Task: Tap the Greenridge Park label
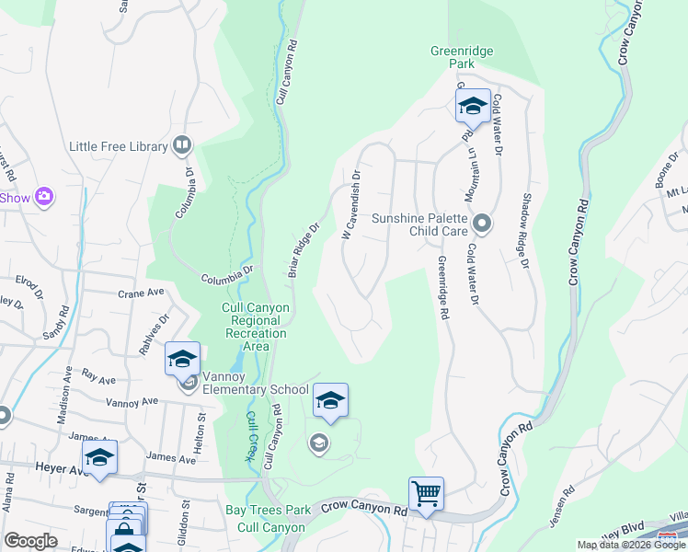click(452, 58)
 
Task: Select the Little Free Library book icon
click(182, 146)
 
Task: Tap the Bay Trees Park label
click(269, 510)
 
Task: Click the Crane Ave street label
click(140, 293)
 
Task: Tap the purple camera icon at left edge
click(43, 197)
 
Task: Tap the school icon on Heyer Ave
click(99, 456)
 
